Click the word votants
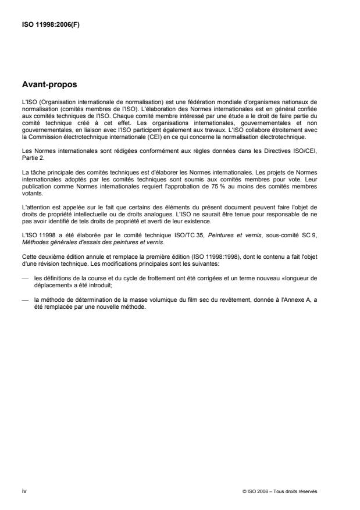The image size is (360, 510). [30, 195]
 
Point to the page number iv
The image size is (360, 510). [23, 490]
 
